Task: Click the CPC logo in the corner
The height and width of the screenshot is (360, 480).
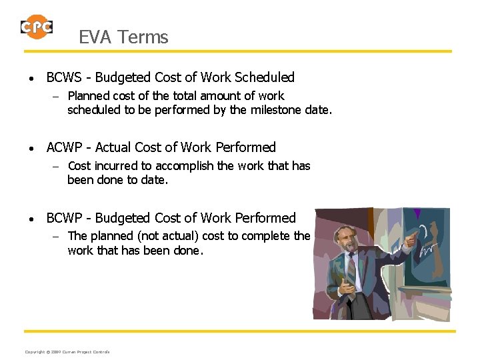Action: [x=36, y=27]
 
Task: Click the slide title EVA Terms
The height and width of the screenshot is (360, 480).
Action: [x=123, y=37]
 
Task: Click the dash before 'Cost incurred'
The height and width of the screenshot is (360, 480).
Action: [x=57, y=167]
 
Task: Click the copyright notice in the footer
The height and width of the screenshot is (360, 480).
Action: [x=67, y=352]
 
